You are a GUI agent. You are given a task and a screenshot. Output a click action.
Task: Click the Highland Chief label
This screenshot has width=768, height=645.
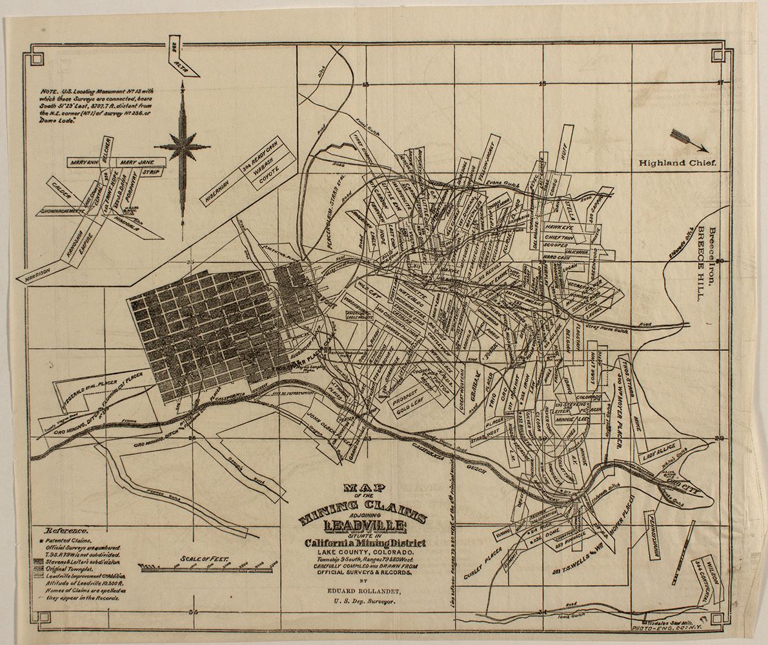678,163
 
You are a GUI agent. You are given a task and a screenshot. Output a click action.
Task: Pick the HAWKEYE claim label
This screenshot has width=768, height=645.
560,227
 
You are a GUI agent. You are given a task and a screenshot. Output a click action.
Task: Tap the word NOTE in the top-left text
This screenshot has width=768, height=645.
48,92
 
